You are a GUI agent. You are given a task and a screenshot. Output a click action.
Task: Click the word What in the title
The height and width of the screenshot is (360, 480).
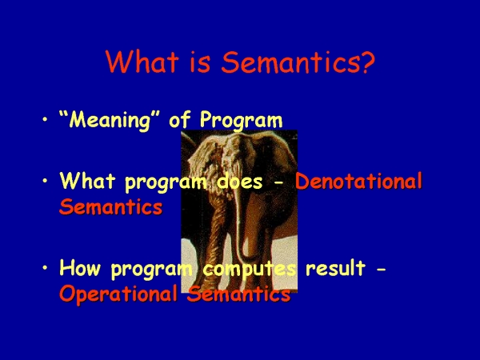142,62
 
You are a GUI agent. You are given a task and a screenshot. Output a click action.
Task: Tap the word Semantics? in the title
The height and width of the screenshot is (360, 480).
298,62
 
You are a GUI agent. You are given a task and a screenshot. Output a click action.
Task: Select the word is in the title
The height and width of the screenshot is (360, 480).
200,62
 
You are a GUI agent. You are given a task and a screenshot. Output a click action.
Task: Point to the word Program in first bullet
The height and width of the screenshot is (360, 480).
242,120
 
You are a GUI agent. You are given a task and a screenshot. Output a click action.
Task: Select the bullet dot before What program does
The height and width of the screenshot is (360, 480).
45,181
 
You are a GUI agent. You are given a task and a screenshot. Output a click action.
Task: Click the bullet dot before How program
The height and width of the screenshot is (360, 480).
45,268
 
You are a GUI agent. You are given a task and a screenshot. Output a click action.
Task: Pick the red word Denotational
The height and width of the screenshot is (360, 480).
358,181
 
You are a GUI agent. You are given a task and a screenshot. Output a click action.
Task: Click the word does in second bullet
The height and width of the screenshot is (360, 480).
240,182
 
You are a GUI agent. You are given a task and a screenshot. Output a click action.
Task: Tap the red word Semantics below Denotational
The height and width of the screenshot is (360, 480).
111,207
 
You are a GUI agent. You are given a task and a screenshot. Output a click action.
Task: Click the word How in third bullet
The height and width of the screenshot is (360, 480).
80,268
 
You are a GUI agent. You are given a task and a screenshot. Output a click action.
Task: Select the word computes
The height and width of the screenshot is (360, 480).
250,270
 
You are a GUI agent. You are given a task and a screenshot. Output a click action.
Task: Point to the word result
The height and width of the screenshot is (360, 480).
335,268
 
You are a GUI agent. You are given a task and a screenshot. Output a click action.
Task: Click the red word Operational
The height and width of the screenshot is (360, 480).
118,294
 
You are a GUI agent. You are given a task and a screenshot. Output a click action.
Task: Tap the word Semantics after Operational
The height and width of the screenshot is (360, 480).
239,294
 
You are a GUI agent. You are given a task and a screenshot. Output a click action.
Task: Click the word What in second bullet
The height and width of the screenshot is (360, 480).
87,181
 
